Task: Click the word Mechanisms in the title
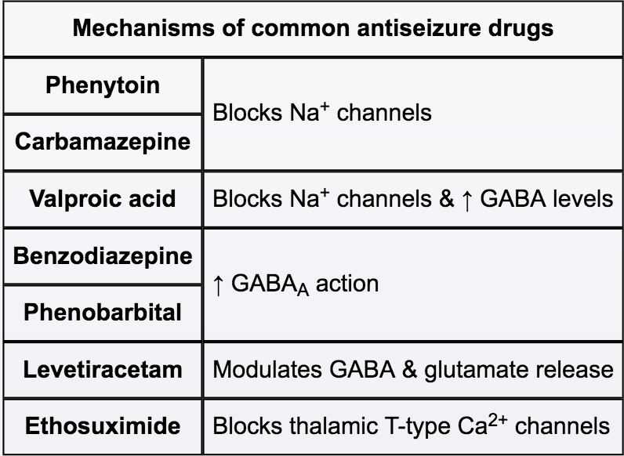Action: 137,29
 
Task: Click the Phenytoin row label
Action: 103,85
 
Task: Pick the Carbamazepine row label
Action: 103,142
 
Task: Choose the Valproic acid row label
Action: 103,198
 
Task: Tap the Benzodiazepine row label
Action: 103,255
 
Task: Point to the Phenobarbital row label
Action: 103,312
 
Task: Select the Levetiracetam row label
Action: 103,369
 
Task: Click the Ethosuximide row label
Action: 103,426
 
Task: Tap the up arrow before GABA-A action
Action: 219,284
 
